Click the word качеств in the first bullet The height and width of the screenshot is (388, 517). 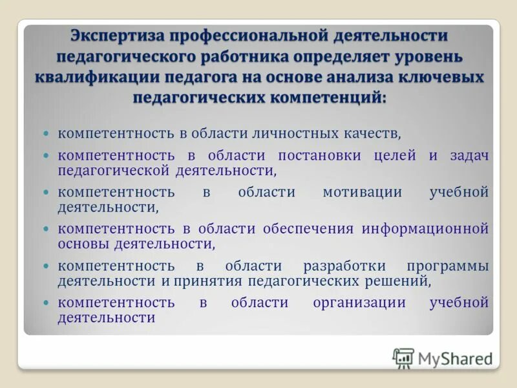(x=374, y=134)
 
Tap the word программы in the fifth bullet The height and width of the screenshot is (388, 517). (x=448, y=266)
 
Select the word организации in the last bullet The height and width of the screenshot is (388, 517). (x=359, y=303)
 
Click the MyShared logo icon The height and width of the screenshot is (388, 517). (x=403, y=358)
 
